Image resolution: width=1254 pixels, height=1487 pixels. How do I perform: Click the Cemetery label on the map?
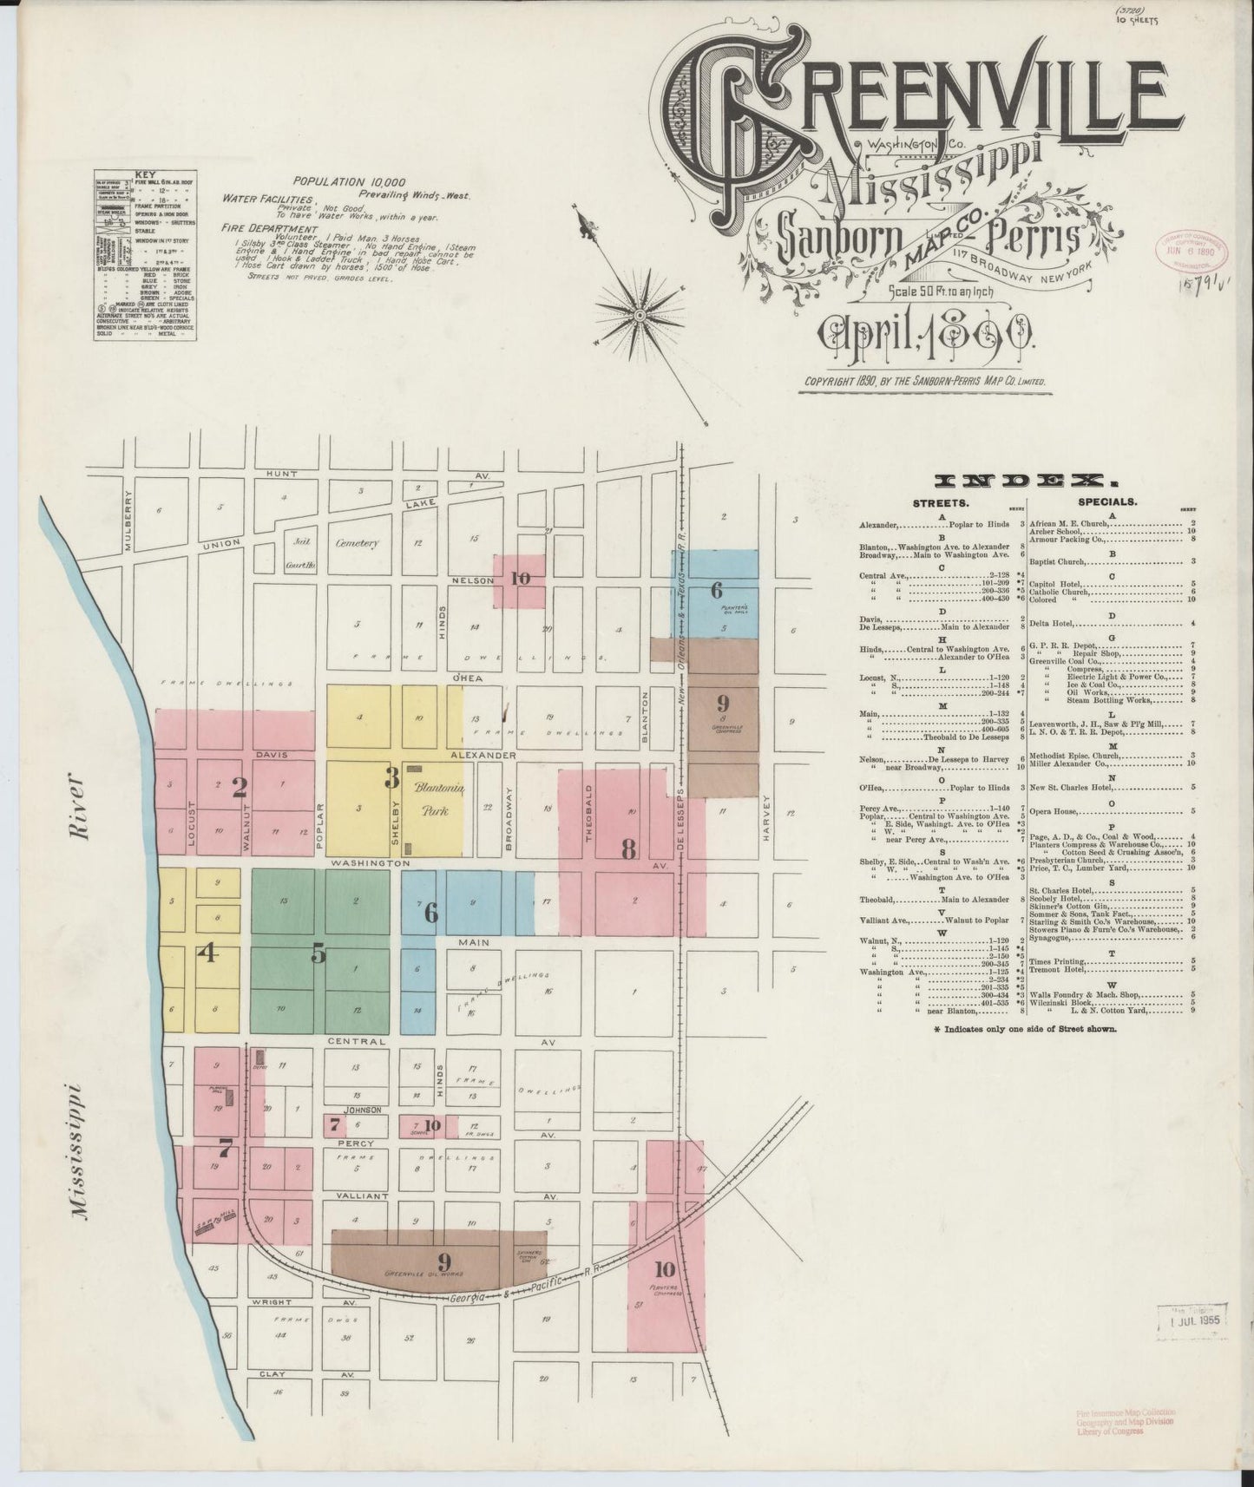[x=357, y=543]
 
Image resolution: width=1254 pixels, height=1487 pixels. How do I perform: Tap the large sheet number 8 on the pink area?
[x=629, y=849]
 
